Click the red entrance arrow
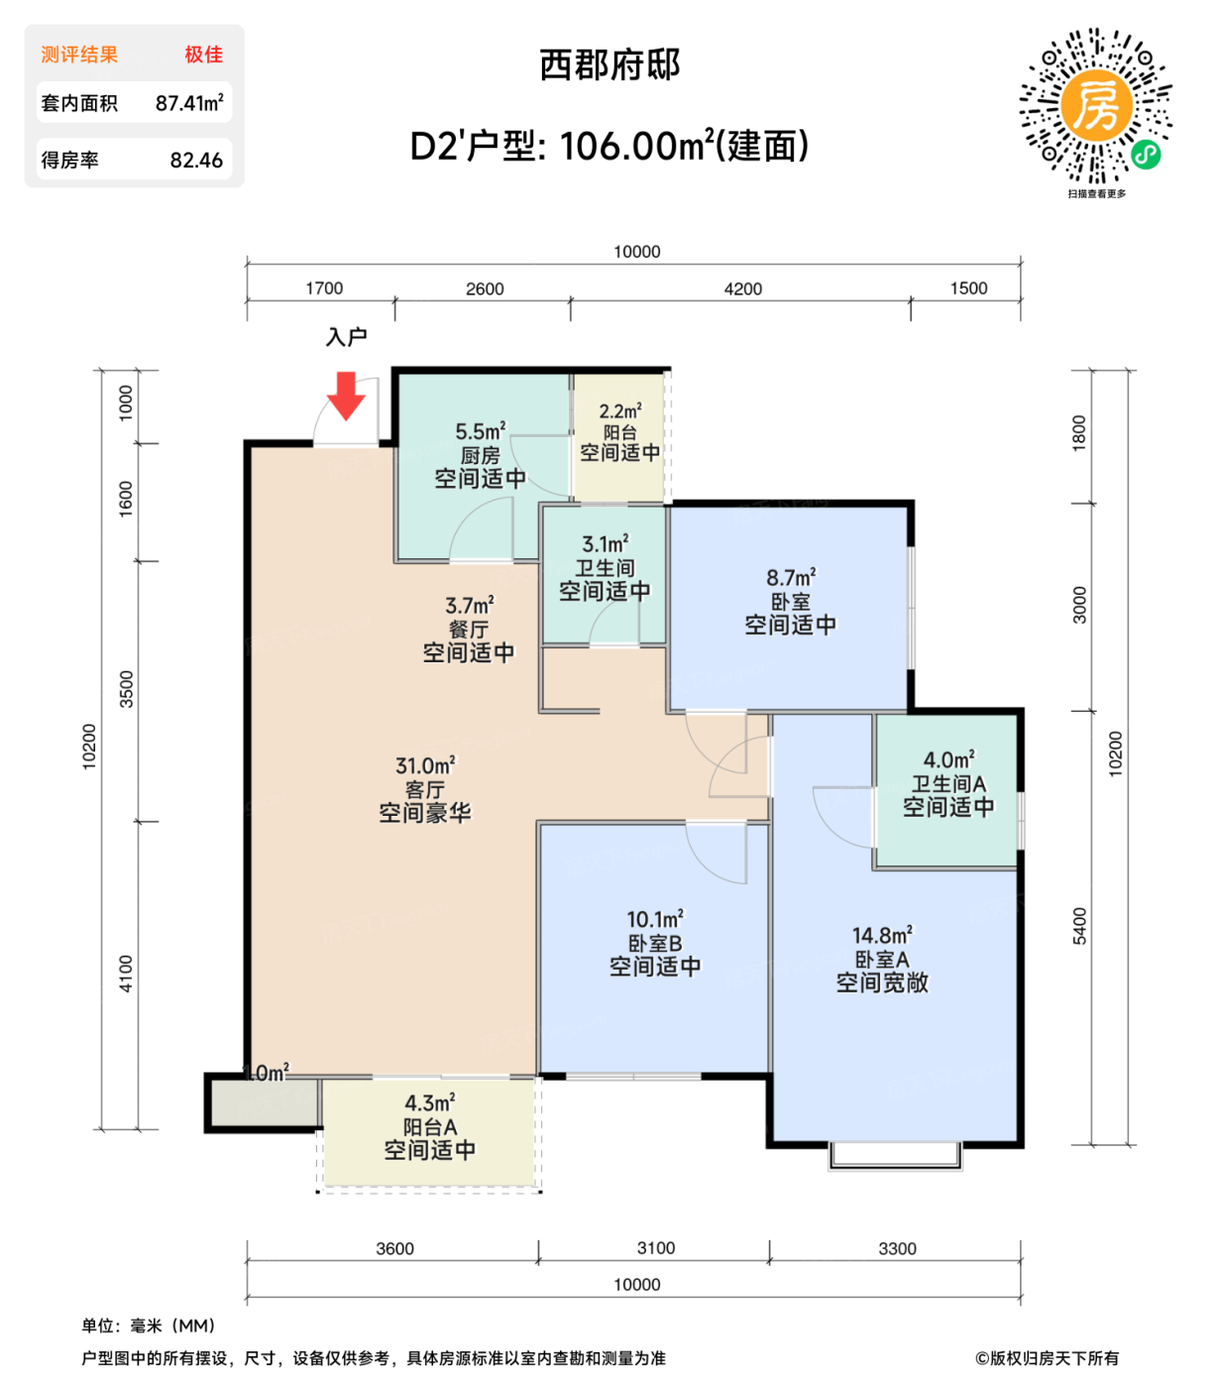(347, 396)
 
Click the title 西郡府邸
(609, 65)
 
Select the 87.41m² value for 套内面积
(189, 103)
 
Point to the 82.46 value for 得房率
(196, 161)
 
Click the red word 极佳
(203, 55)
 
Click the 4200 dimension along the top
(742, 289)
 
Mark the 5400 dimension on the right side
(1079, 926)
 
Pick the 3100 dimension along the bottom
(655, 1248)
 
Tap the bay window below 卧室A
(895, 1155)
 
